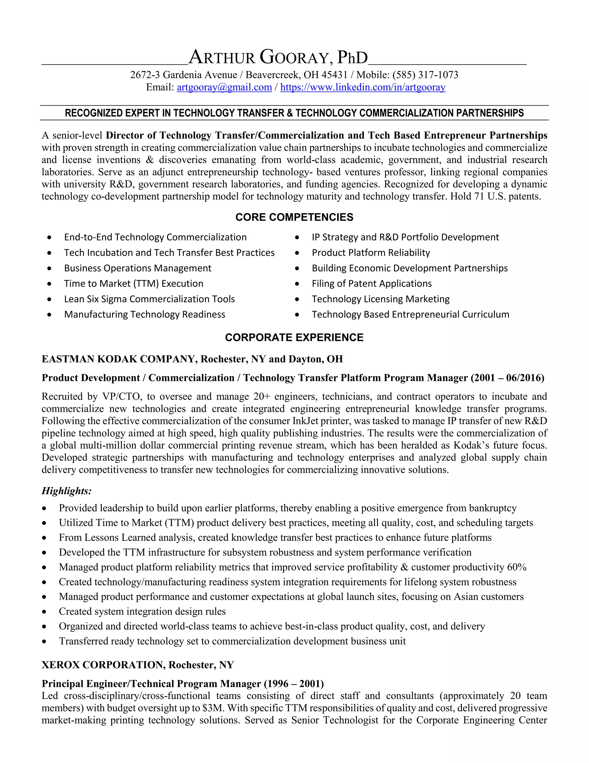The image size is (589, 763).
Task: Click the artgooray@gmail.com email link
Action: click(224, 87)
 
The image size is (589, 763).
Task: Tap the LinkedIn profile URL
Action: click(363, 87)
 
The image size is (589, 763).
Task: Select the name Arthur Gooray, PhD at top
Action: click(278, 58)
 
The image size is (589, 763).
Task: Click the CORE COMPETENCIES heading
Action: click(294, 217)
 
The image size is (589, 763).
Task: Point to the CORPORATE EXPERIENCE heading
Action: click(294, 337)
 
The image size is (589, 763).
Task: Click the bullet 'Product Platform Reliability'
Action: click(370, 253)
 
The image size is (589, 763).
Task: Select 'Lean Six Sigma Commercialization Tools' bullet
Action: click(149, 299)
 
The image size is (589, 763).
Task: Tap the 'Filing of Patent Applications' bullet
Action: click(372, 284)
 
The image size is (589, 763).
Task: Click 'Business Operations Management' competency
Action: click(137, 268)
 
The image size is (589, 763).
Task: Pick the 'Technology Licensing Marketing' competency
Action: click(380, 299)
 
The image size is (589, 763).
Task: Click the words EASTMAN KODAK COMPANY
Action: click(119, 359)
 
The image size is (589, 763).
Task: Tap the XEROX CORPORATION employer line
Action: click(137, 665)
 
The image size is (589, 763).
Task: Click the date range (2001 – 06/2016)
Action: click(507, 378)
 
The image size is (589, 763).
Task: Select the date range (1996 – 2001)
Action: click(293, 684)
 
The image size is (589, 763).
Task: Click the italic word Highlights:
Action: click(67, 491)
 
